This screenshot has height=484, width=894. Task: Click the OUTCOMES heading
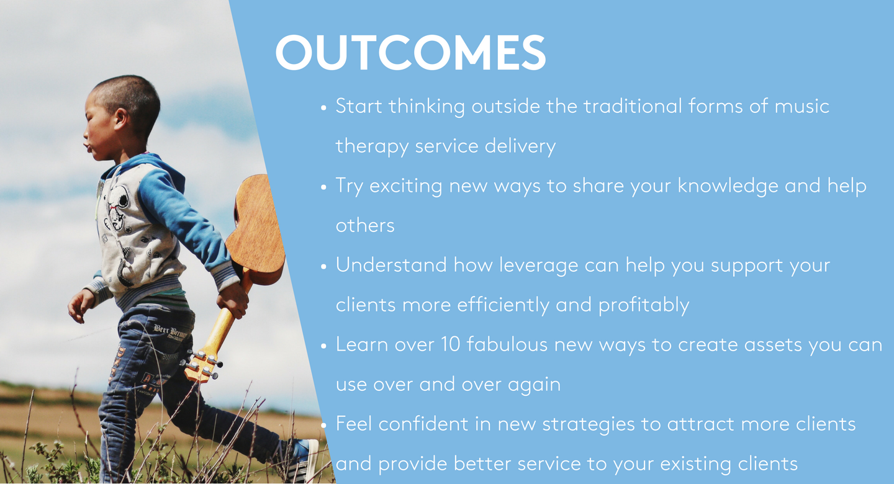(x=410, y=52)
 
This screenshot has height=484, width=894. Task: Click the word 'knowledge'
(x=728, y=187)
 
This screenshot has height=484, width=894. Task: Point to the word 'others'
(x=365, y=225)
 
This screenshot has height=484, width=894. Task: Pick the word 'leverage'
(x=538, y=266)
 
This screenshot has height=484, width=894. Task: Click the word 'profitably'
(x=643, y=306)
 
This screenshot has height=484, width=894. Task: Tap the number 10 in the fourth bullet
(x=451, y=344)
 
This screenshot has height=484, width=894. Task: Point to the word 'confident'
(x=423, y=424)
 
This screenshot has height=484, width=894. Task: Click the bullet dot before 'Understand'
(x=323, y=267)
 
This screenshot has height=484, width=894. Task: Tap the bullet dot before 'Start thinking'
(x=323, y=108)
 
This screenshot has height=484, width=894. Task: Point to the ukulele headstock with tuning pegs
(x=202, y=365)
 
